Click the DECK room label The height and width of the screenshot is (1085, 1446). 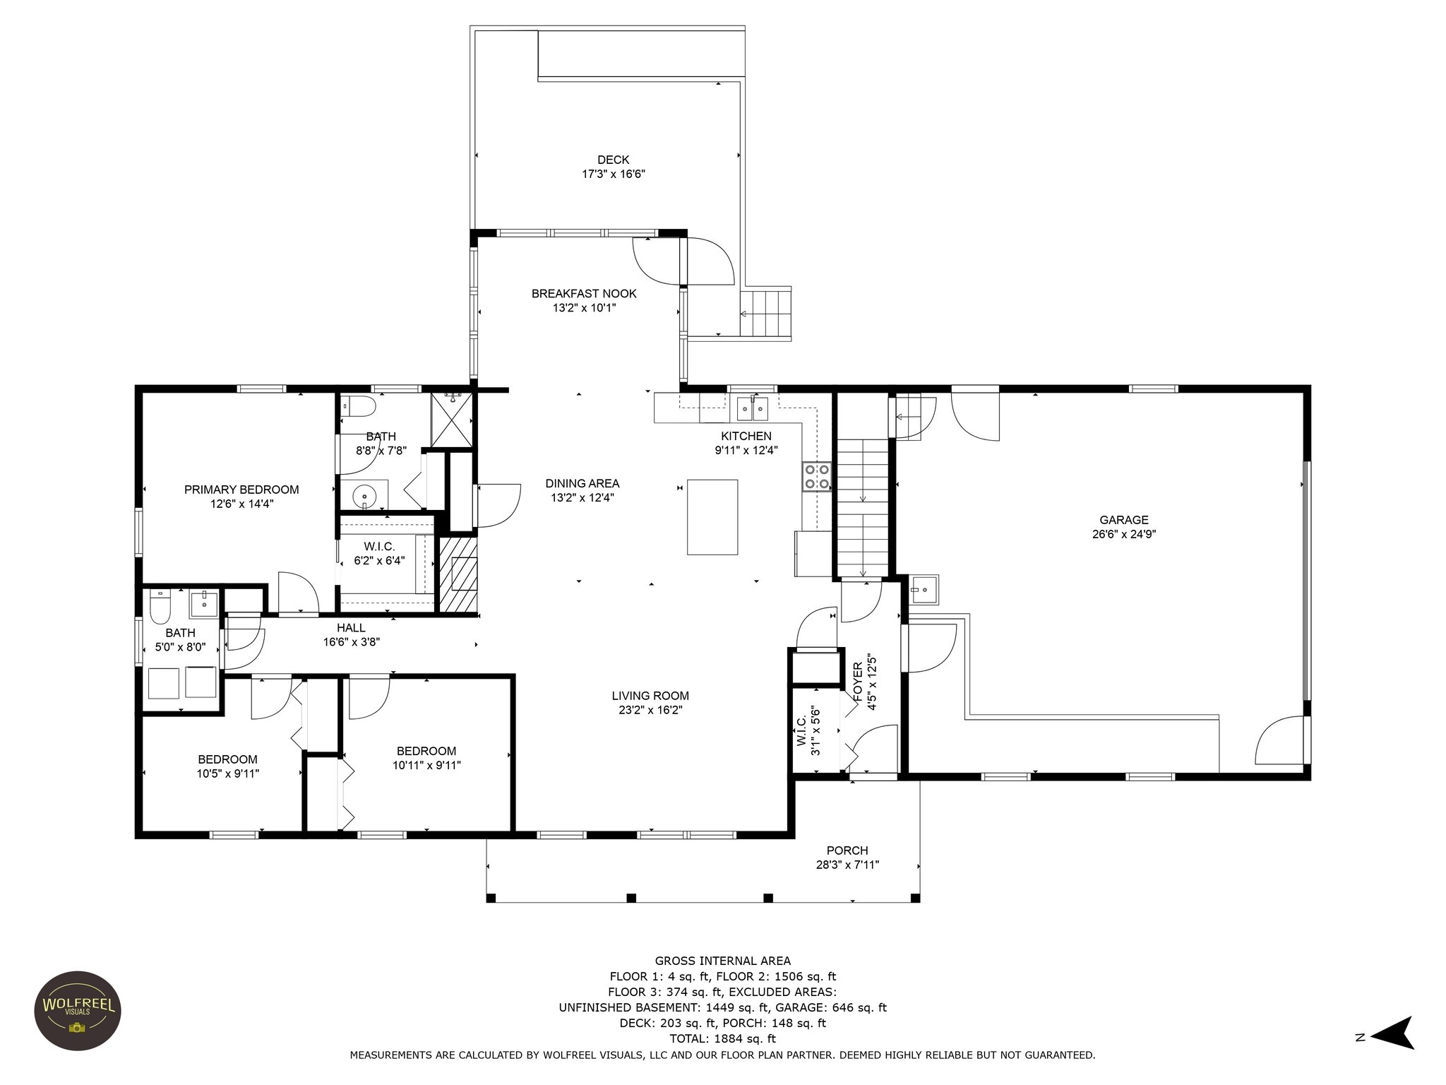click(x=613, y=160)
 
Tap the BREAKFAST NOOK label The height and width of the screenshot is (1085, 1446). click(x=584, y=294)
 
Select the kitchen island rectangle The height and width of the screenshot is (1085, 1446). click(x=712, y=517)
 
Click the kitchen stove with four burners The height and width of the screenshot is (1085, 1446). click(x=816, y=477)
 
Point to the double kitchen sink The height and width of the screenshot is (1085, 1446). click(x=752, y=408)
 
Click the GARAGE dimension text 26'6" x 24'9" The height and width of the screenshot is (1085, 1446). click(x=1124, y=534)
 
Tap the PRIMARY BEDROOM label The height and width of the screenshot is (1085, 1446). click(x=241, y=490)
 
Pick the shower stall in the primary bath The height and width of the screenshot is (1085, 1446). click(x=452, y=420)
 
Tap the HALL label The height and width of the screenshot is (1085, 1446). click(x=351, y=628)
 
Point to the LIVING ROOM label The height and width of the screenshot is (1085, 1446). click(x=650, y=696)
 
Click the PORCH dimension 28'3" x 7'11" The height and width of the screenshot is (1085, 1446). click(x=847, y=865)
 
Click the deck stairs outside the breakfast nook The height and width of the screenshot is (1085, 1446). click(x=765, y=314)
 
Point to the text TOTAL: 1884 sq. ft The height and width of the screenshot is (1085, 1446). click(x=722, y=1039)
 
